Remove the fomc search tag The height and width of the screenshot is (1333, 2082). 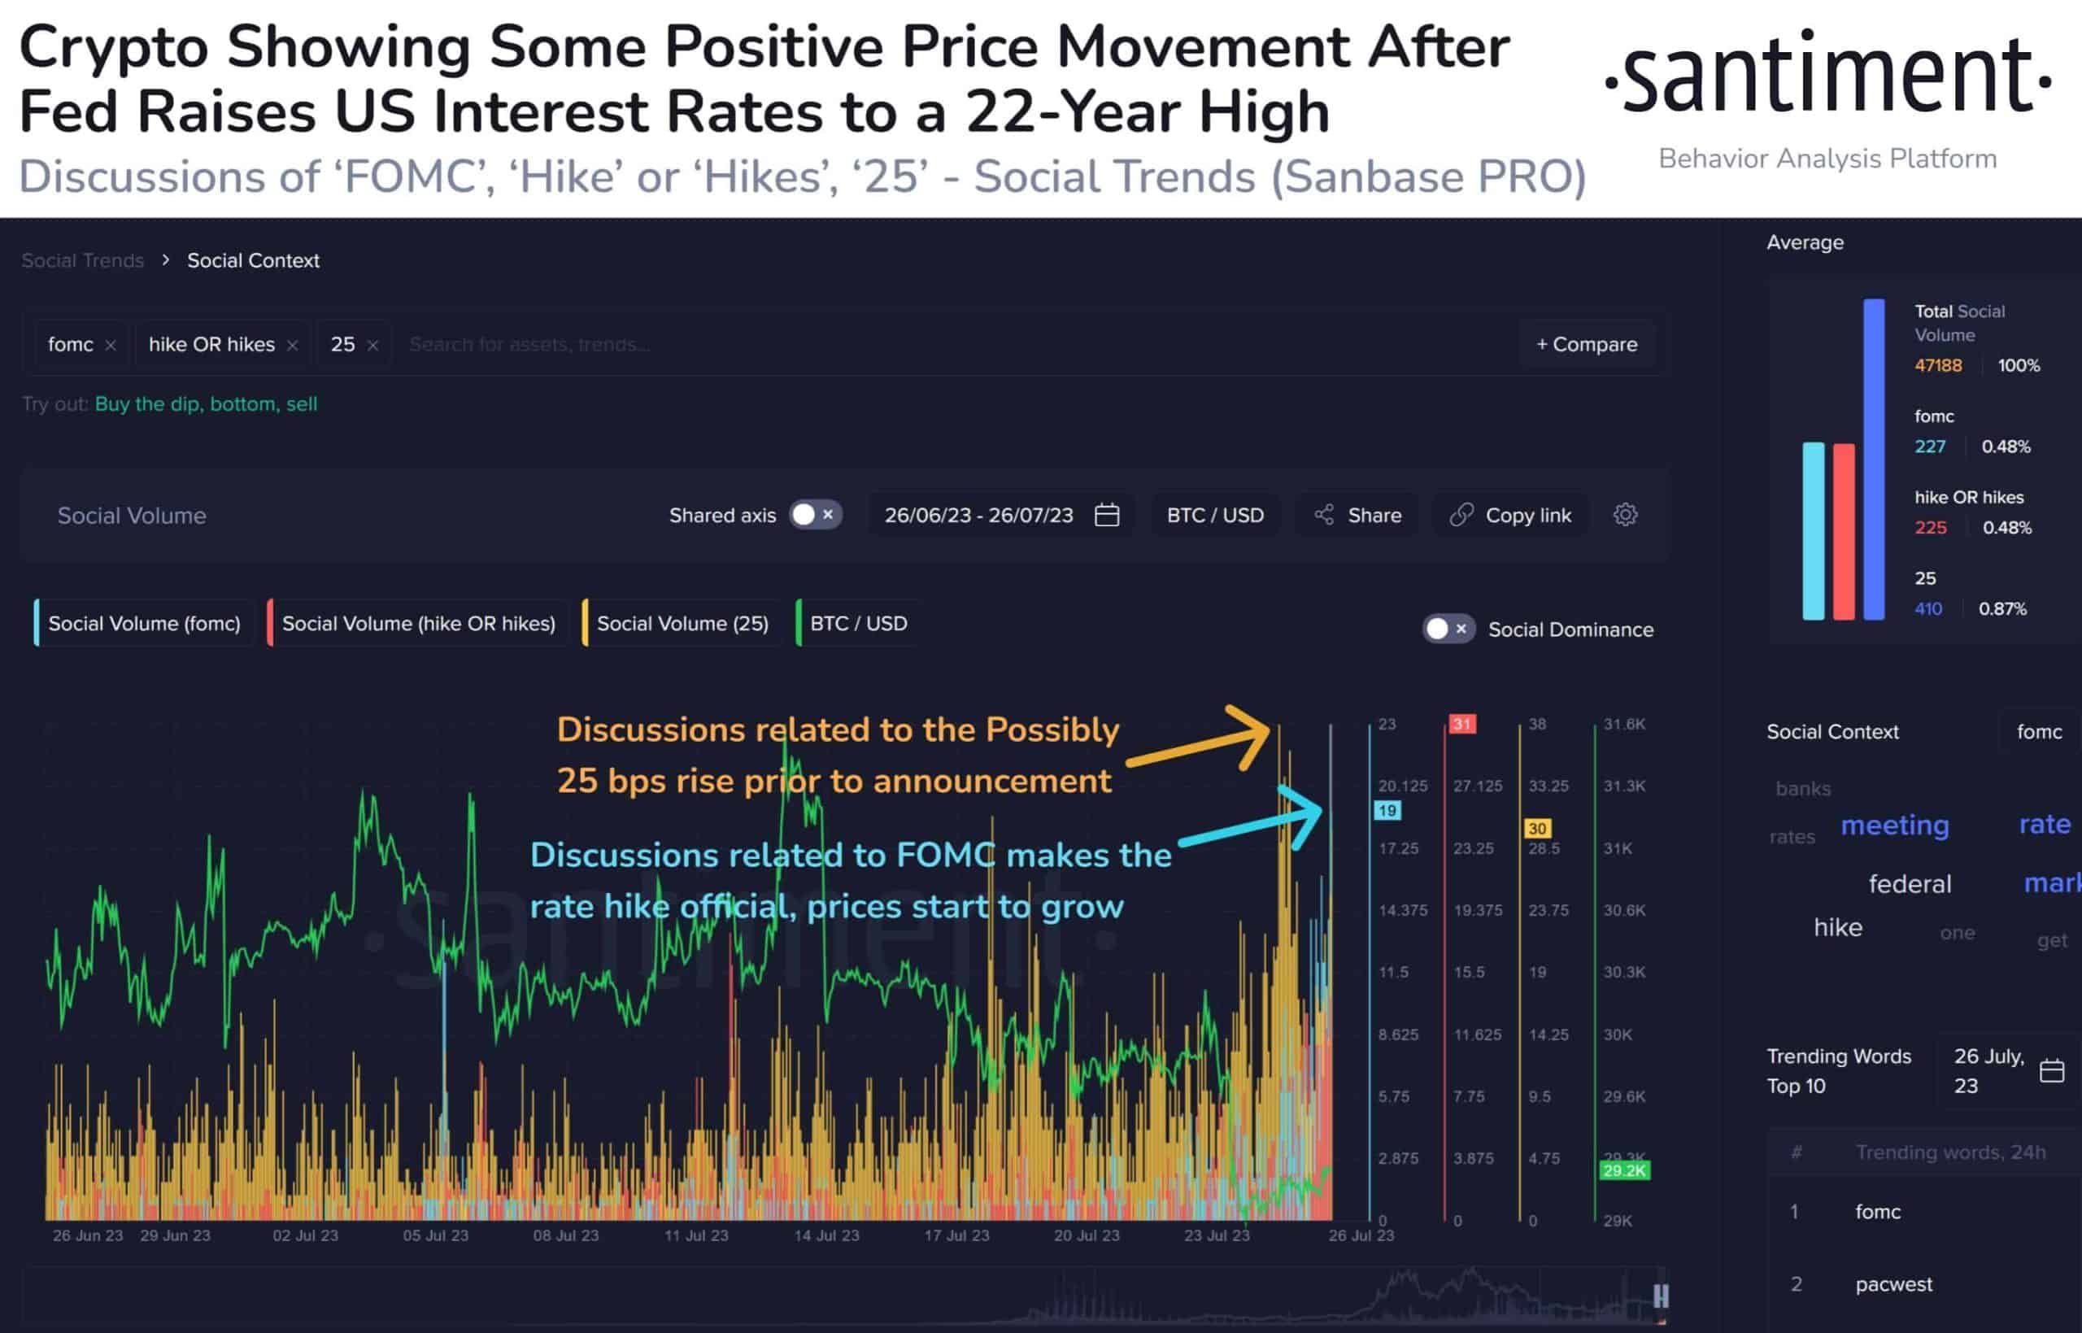111,346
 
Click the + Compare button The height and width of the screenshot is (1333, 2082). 1586,345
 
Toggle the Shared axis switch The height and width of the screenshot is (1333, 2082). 814,515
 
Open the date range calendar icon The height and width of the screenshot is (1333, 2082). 1107,515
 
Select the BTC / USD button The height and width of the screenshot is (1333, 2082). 1215,515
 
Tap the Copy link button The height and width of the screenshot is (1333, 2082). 1510,515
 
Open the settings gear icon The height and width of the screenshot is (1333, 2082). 1625,515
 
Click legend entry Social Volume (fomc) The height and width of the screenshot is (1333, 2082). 144,623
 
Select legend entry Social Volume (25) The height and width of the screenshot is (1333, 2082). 682,623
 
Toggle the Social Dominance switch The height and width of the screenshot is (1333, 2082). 1448,629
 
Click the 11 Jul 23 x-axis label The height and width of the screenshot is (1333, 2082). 695,1235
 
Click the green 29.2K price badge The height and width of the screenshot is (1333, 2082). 1624,1171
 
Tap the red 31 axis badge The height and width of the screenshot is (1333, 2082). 1461,724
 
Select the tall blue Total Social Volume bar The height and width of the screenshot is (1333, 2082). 1874,459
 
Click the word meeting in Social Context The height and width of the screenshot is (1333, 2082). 1894,825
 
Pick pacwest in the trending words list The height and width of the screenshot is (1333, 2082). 1893,1284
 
